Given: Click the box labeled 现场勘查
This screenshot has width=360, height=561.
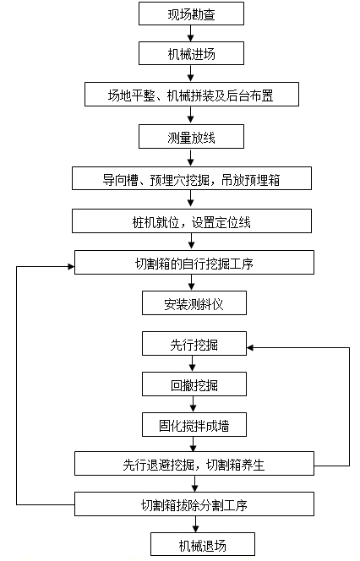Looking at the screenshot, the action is [192, 14].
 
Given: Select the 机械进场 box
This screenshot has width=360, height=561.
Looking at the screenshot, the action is [192, 53].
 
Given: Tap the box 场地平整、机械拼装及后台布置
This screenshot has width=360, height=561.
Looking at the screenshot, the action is [192, 95].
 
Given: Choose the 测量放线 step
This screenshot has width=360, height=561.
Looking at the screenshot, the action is [192, 136].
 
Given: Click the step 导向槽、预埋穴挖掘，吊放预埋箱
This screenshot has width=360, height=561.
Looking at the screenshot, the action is [192, 178].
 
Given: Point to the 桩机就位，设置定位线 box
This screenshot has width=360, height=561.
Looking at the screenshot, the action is [192, 221].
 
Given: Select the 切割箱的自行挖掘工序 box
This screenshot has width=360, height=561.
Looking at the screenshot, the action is [194, 263].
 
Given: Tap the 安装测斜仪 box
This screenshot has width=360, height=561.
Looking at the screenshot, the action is [194, 303].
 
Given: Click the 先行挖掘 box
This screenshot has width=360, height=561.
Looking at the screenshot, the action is [194, 344].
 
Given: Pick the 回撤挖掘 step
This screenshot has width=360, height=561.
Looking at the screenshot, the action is [194, 384].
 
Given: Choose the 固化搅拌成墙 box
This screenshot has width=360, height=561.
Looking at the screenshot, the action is [194, 425].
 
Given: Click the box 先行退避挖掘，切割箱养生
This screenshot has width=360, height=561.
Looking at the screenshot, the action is [194, 463].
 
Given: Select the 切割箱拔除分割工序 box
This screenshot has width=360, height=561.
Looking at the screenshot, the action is [194, 504].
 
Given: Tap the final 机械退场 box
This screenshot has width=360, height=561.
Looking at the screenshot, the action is [203, 544].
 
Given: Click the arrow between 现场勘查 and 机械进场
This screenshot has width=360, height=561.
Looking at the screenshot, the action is [191, 33].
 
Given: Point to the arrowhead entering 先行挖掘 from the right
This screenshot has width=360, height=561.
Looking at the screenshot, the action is [250, 347].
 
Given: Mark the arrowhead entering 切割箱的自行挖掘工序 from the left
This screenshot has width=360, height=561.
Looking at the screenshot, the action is [71, 266].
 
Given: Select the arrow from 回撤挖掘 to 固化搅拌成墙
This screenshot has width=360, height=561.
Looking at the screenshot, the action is [194, 405].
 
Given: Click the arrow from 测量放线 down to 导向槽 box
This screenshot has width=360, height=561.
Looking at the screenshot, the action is [191, 157].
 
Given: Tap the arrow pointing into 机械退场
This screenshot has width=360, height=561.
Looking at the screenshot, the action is [195, 524].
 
